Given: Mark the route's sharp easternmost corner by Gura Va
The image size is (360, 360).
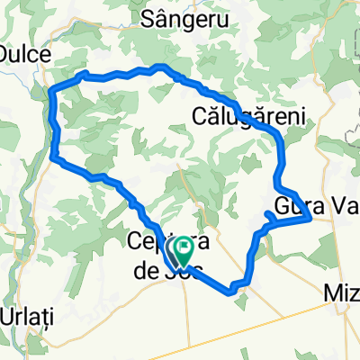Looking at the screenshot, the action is pyautogui.click(x=310, y=217).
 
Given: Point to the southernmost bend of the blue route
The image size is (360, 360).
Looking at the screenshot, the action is pyautogui.click(x=232, y=291).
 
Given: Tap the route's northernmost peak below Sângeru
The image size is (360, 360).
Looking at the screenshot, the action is pyautogui.click(x=161, y=66).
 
